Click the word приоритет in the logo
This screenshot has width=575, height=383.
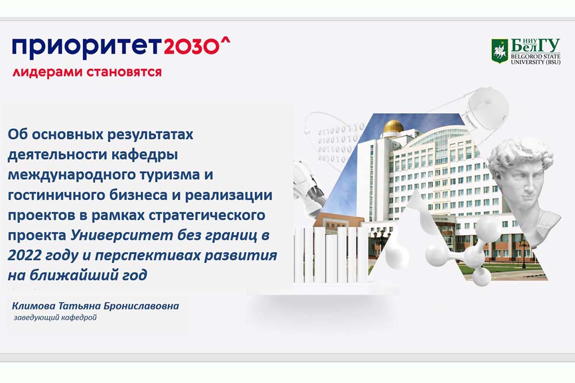coord(86,48)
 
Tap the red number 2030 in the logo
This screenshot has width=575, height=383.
coord(191,47)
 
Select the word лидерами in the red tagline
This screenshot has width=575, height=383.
coord(47,71)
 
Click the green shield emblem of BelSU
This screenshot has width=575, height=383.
coord(500,51)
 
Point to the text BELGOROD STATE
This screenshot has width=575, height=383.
coord(535,56)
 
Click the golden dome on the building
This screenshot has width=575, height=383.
coord(393,126)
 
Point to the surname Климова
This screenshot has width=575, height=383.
coord(34,305)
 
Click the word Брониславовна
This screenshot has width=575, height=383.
coord(141,305)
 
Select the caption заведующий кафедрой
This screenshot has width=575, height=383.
coord(55,318)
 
